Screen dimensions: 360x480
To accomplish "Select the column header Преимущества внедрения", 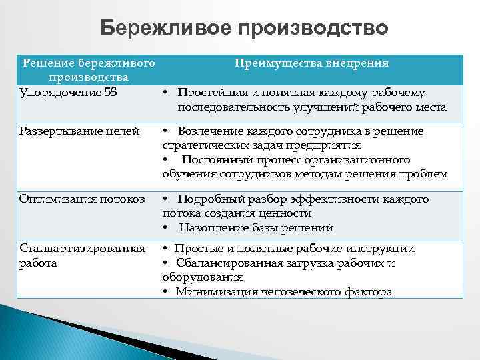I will point(311,63).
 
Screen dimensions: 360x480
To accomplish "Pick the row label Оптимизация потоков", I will point(82,199).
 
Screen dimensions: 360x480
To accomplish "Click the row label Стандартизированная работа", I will point(82,255).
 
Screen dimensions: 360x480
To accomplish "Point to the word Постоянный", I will point(212,160).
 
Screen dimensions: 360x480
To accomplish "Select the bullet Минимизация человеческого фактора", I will point(284,291).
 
